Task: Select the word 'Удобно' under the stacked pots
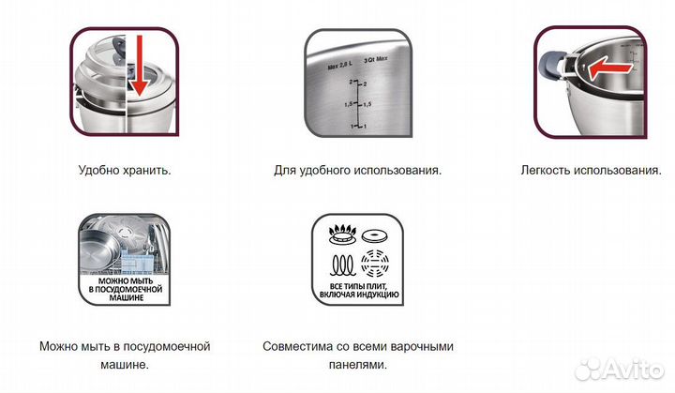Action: coord(101,171)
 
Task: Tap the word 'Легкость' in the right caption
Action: coord(547,171)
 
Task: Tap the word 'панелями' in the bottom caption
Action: coord(356,365)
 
